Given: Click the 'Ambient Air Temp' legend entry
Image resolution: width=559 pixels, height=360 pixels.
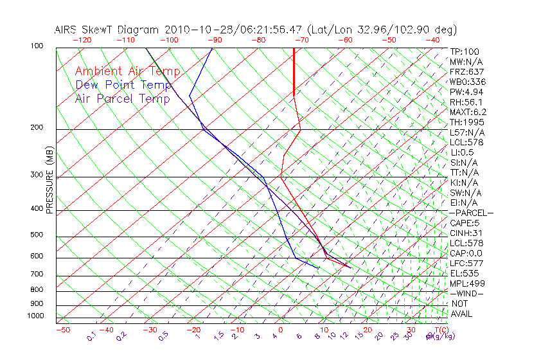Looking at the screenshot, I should [127, 71].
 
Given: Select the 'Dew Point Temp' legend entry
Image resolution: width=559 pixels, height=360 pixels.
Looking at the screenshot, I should [123, 85].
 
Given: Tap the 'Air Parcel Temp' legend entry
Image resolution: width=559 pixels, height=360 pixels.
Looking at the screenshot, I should [122, 98].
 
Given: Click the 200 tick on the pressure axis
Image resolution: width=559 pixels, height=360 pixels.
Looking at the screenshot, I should [36, 128].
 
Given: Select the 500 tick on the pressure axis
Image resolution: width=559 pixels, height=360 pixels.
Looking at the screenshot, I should [36, 235].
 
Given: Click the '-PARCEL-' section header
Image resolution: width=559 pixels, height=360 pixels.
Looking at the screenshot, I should [471, 213].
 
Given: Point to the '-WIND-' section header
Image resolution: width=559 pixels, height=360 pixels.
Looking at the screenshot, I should [466, 293].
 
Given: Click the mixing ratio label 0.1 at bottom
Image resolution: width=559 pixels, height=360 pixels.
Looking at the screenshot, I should [91, 337].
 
